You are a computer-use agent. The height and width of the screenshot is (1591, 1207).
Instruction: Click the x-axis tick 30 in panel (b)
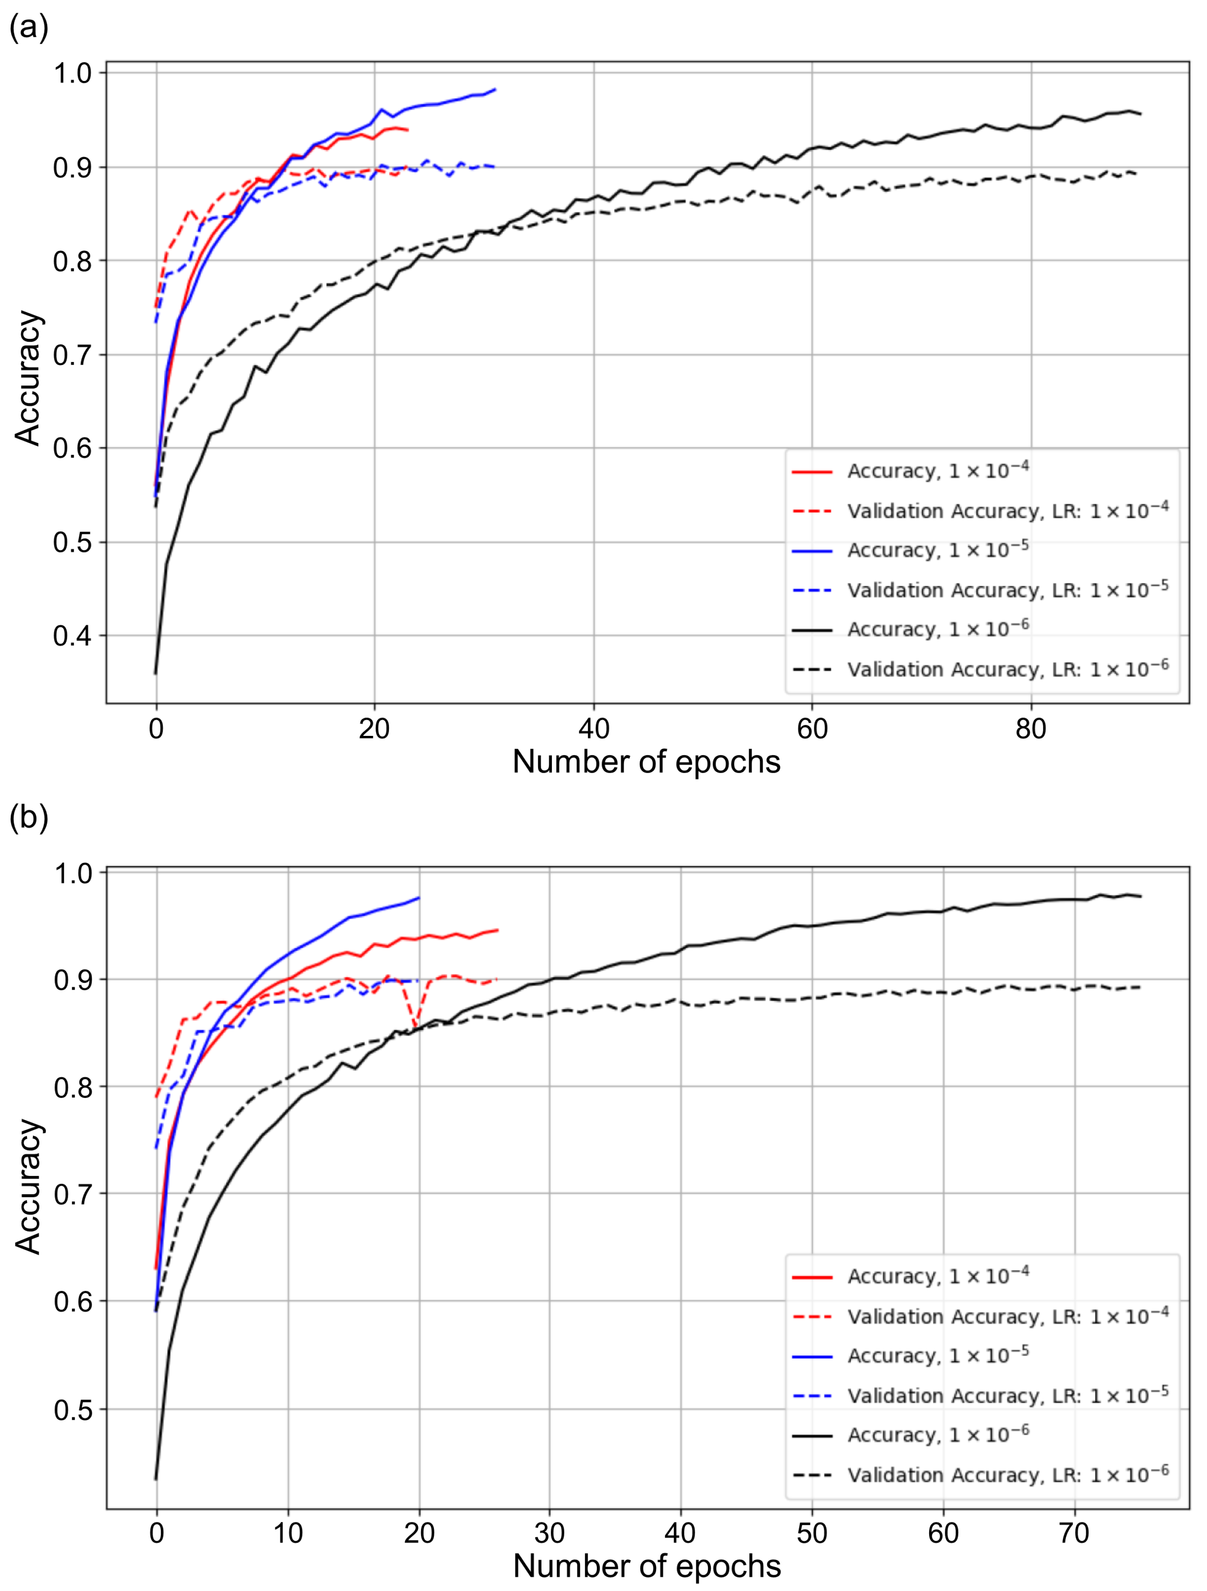(550, 1533)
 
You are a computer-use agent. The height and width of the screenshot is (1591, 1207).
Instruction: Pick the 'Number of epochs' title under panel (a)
(646, 762)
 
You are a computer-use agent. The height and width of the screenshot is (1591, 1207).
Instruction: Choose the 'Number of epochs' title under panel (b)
(646, 1566)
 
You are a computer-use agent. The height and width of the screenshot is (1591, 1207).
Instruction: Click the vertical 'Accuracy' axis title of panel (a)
(29, 378)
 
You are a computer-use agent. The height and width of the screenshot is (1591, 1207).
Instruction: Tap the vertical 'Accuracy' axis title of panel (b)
(29, 1187)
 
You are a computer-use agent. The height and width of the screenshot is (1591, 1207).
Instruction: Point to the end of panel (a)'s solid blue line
(495, 89)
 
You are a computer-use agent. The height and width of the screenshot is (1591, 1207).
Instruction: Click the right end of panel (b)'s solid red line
(497, 930)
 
